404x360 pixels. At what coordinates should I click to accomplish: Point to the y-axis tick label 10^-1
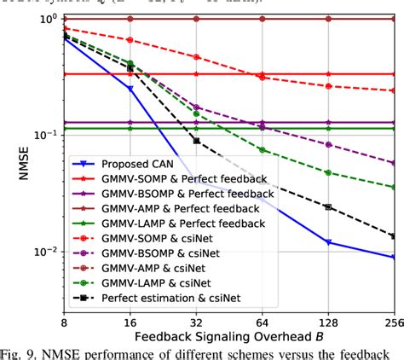tap(43, 136)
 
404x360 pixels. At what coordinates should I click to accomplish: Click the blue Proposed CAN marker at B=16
tap(130, 88)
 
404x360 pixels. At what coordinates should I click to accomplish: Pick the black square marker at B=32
tap(197, 140)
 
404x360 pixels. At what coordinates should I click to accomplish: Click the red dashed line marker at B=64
tap(263, 78)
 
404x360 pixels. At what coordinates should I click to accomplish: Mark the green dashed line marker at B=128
tap(329, 172)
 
